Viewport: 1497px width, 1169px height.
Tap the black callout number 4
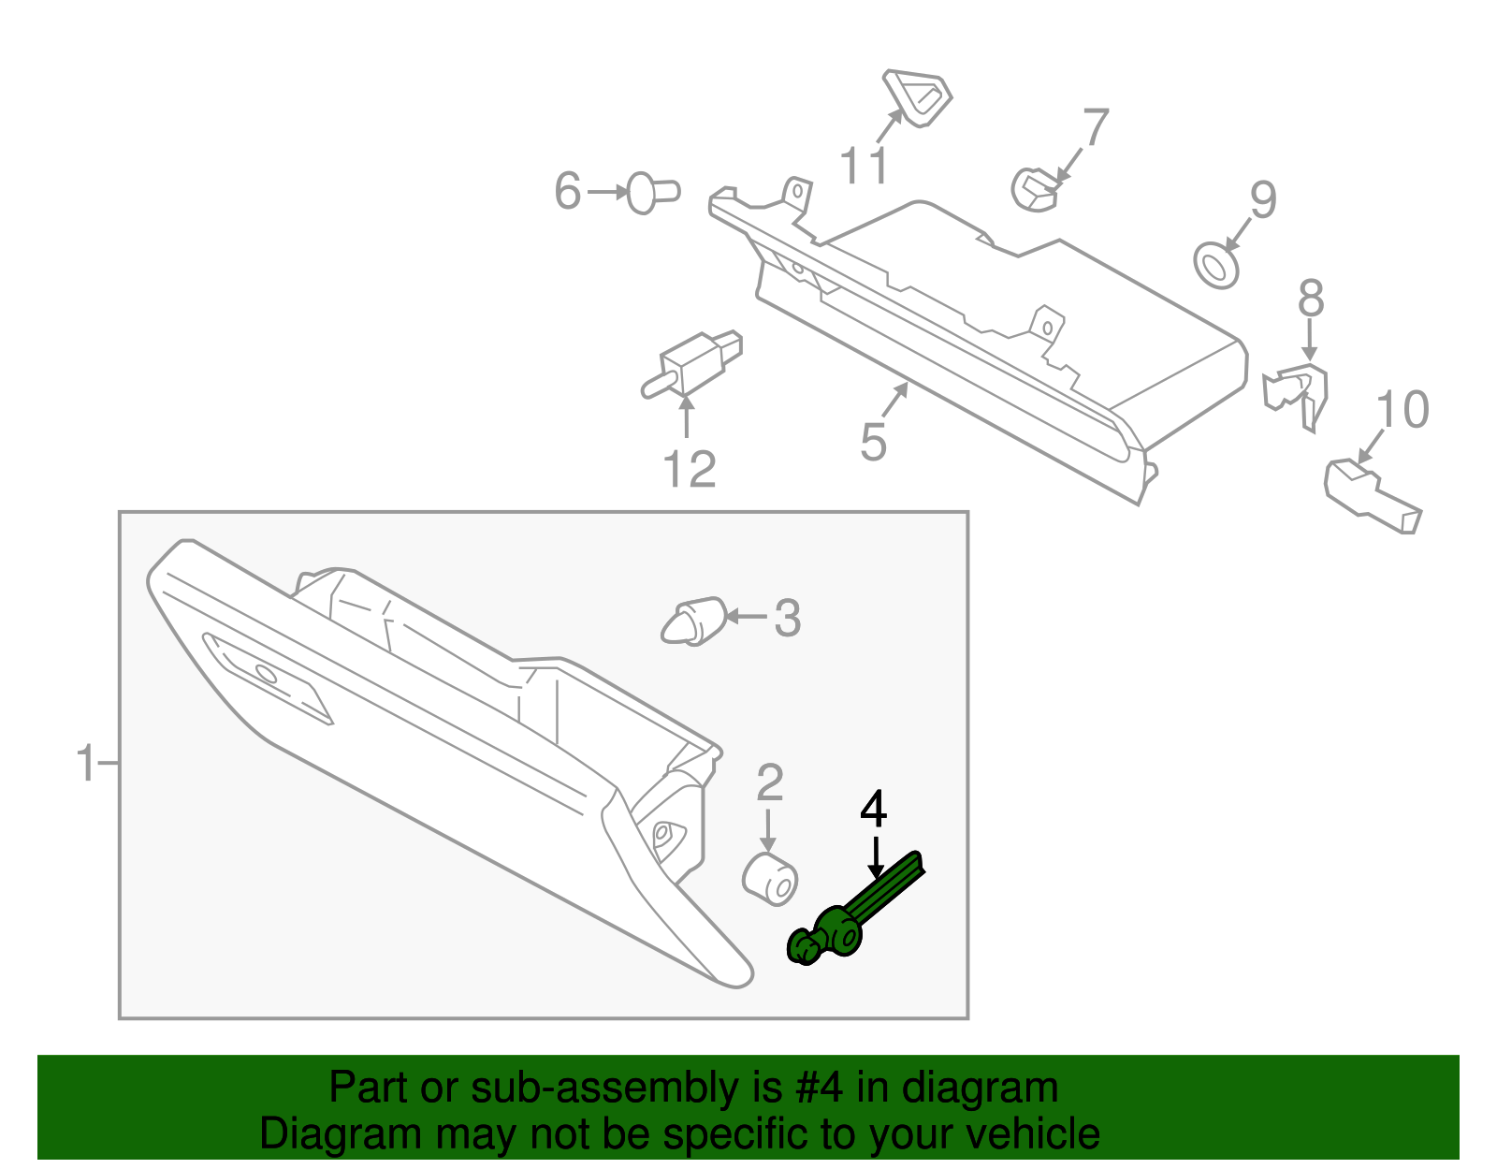pyautogui.click(x=873, y=811)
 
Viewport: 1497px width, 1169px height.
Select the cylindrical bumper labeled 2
pyautogui.click(x=770, y=879)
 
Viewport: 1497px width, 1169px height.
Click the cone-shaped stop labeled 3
pyautogui.click(x=692, y=621)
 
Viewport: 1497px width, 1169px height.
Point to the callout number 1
pyautogui.click(x=85, y=764)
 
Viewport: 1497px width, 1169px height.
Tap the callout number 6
pyautogui.click(x=568, y=191)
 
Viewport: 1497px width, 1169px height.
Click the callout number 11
pyautogui.click(x=864, y=167)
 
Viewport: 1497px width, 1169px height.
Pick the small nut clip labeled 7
pyautogui.click(x=1034, y=188)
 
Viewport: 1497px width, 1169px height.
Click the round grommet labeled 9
pyautogui.click(x=1217, y=265)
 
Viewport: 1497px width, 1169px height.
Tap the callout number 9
pyautogui.click(x=1263, y=199)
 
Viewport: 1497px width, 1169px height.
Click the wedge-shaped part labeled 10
pyautogui.click(x=1371, y=494)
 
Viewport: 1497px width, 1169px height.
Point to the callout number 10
pyautogui.click(x=1403, y=410)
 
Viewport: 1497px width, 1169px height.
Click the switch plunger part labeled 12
pyautogui.click(x=694, y=363)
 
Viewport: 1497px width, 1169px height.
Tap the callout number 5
pyautogui.click(x=873, y=442)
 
